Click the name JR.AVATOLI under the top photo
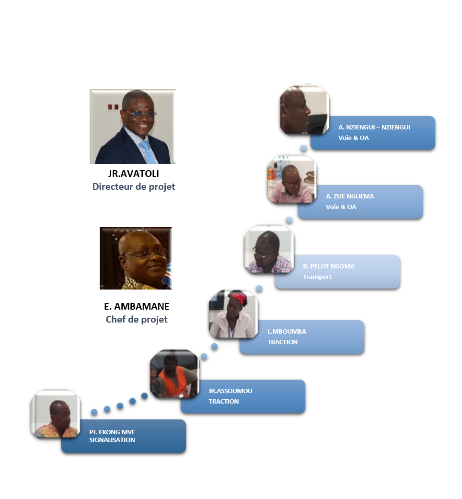pyautogui.click(x=133, y=174)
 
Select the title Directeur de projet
pyautogui.click(x=134, y=186)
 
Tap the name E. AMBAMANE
pyautogui.click(x=137, y=306)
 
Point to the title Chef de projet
pyautogui.click(x=137, y=319)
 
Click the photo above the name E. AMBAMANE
pyautogui.click(x=136, y=258)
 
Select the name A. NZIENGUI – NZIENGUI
pyautogui.click(x=374, y=128)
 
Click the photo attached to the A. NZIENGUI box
pyautogui.click(x=304, y=110)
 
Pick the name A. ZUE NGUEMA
pyautogui.click(x=350, y=197)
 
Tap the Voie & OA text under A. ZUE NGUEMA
pyautogui.click(x=341, y=207)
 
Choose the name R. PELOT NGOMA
pyautogui.click(x=329, y=267)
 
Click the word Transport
pyautogui.click(x=317, y=277)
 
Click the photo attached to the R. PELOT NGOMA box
pyautogui.click(x=269, y=249)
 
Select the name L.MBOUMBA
pyautogui.click(x=287, y=332)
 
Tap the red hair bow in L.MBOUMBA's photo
pyautogui.click(x=238, y=298)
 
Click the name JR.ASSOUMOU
pyautogui.click(x=231, y=391)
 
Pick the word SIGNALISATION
pyautogui.click(x=112, y=440)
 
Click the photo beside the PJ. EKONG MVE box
pyautogui.click(x=56, y=414)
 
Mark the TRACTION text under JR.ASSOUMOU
pyautogui.click(x=224, y=402)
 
